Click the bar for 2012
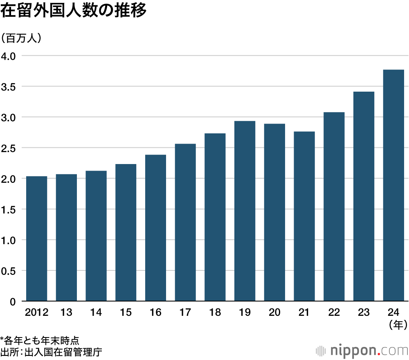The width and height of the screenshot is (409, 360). click(x=36, y=239)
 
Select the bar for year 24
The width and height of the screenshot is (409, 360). click(x=393, y=186)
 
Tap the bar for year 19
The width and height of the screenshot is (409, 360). click(x=245, y=211)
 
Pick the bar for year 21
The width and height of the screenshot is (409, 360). click(x=304, y=216)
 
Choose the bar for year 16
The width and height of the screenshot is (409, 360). click(x=155, y=228)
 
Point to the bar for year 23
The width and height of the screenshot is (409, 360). click(x=364, y=196)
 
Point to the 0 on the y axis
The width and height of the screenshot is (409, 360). click(x=12, y=302)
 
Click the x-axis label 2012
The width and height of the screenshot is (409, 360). click(x=36, y=313)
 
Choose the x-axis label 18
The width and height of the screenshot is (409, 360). click(x=215, y=313)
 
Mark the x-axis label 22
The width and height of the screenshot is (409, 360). click(x=334, y=313)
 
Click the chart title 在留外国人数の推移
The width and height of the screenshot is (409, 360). click(x=74, y=11)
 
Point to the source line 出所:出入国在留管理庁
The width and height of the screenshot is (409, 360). click(x=51, y=351)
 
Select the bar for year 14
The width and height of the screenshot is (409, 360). click(x=96, y=236)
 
